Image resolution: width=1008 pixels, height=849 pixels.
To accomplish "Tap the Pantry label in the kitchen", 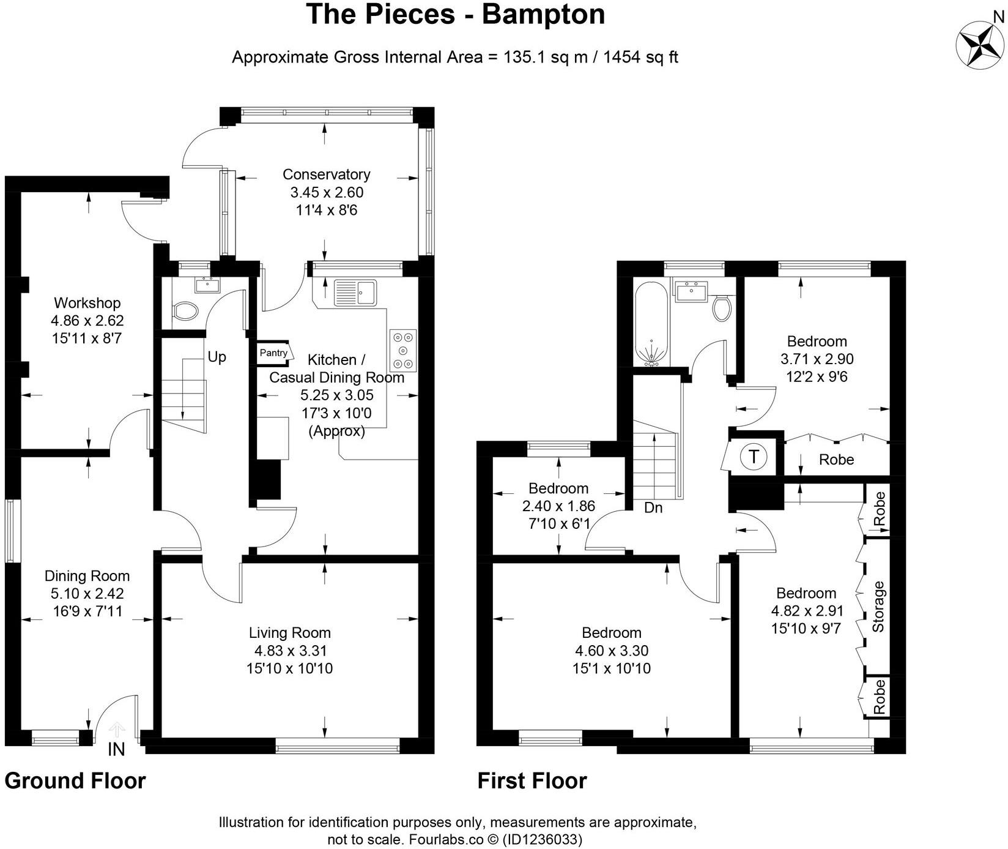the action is click(273, 353).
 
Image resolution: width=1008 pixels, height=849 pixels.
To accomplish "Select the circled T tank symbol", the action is click(754, 457).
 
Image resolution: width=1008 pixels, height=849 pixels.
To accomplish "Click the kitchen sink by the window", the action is click(355, 293).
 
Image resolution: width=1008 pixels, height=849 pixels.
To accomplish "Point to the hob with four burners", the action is click(403, 350).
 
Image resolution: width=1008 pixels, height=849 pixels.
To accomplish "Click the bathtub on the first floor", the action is click(652, 324).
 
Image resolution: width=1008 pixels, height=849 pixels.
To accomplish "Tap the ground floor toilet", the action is click(183, 312).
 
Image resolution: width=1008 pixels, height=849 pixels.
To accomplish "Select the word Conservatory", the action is click(326, 174).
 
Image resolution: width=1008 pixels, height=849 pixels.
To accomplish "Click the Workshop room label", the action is click(87, 303).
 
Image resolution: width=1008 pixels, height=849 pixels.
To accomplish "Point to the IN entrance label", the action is click(116, 749).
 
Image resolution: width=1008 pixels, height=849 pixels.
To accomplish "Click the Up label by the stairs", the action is click(217, 357).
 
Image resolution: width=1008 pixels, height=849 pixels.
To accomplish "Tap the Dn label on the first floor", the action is click(653, 507).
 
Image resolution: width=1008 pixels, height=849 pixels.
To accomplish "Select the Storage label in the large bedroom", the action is click(878, 606).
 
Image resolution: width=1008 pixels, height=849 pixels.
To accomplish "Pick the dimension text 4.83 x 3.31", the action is click(290, 651).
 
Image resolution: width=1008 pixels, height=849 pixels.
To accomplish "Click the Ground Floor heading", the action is click(75, 781).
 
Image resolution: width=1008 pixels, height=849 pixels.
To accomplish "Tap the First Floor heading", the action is click(532, 781).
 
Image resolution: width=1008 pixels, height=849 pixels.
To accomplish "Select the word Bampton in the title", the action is click(544, 14).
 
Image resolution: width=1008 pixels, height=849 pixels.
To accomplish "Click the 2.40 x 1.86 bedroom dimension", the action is click(558, 506).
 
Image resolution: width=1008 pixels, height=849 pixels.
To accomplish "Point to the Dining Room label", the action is click(87, 576).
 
